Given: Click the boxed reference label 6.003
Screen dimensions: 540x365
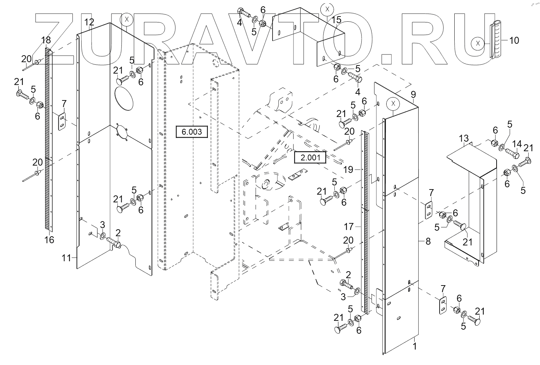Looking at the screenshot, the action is point(192,132).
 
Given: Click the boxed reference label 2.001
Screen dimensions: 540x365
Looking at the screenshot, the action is point(310,157).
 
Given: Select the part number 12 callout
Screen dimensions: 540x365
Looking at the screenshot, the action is point(89,22).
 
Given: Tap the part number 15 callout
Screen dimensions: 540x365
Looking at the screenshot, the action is point(336,20).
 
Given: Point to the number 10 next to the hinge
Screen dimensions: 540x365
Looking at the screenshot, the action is point(514,40).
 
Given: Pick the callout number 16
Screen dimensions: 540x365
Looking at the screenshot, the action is point(49,240).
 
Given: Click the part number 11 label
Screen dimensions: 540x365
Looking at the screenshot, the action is point(66,258).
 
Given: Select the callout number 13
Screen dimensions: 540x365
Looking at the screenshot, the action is point(463,138).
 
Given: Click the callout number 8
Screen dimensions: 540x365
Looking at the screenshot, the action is point(428,241).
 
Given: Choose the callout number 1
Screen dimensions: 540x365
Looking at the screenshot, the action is point(415,346).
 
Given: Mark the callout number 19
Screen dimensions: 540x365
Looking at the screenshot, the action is point(348,170).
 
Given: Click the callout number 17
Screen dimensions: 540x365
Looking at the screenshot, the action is point(349,227).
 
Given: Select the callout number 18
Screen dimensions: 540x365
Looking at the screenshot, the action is point(46,40).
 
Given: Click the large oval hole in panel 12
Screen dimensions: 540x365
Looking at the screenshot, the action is point(124,98).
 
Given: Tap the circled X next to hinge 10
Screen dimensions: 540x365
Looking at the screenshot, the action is point(478,43).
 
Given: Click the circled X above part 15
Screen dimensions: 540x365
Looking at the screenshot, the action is point(327,10).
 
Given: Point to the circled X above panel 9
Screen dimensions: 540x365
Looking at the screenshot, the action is point(393,104).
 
